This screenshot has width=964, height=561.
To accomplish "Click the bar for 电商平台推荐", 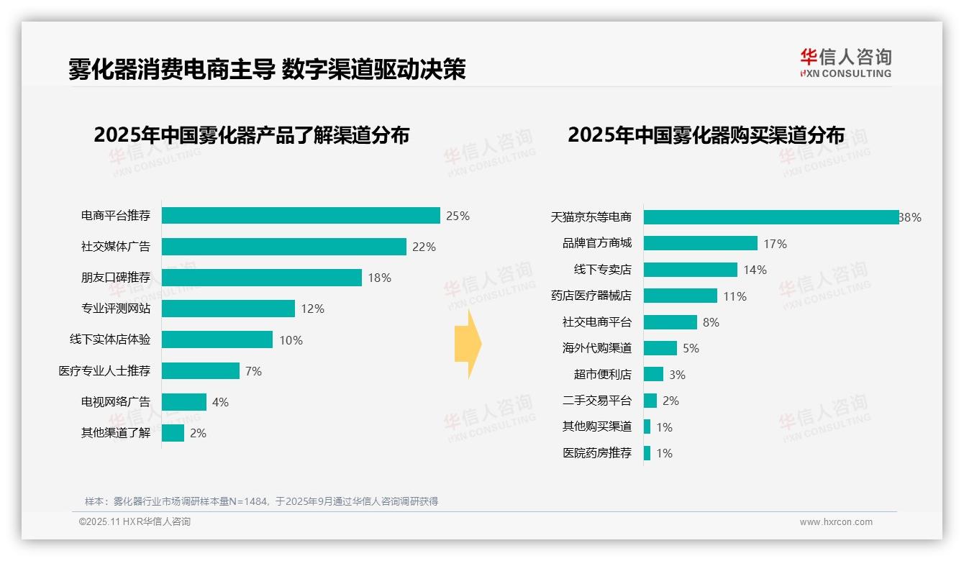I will pyautogui.click(x=301, y=216).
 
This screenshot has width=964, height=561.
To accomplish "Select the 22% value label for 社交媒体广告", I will pyautogui.click(x=424, y=247).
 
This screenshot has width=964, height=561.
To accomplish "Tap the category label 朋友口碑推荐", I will pyautogui.click(x=116, y=278).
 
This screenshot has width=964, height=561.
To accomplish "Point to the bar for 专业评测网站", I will pyautogui.click(x=228, y=309).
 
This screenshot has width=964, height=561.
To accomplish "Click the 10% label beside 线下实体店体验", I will pyautogui.click(x=291, y=340).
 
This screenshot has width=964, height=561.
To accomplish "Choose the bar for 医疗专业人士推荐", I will pyautogui.click(x=200, y=371).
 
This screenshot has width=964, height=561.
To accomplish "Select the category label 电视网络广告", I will pyautogui.click(x=116, y=402).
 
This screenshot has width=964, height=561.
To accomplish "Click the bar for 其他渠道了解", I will pyautogui.click(x=173, y=433).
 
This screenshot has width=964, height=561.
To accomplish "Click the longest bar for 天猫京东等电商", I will pyautogui.click(x=770, y=217).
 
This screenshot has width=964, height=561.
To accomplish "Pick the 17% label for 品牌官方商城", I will pyautogui.click(x=775, y=244).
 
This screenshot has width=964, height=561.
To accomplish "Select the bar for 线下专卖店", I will pyautogui.click(x=690, y=270).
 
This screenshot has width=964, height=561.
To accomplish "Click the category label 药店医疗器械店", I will pyautogui.click(x=591, y=296).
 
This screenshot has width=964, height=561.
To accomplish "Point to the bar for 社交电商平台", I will pyautogui.click(x=670, y=322).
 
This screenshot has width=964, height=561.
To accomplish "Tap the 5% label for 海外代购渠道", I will pyautogui.click(x=691, y=348).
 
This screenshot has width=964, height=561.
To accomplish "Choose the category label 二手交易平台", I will pyautogui.click(x=596, y=401).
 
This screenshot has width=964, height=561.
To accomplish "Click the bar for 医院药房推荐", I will pyautogui.click(x=647, y=453).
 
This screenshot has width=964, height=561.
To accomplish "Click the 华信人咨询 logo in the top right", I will pyautogui.click(x=845, y=63).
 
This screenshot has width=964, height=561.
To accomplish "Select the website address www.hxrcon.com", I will pyautogui.click(x=835, y=522).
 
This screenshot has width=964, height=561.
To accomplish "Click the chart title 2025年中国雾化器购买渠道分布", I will pyautogui.click(x=706, y=135).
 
